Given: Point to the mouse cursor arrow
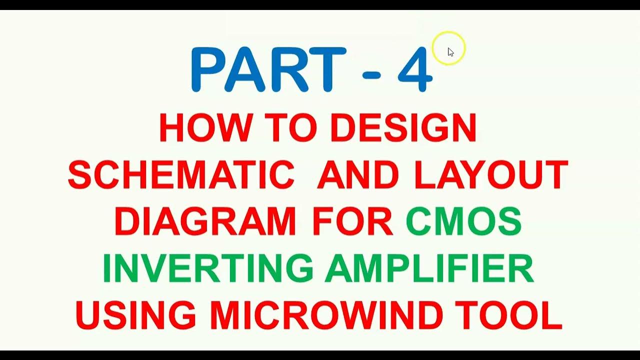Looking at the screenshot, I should pyautogui.click(x=450, y=52).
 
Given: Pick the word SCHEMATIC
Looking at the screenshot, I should pyautogui.click(x=181, y=175).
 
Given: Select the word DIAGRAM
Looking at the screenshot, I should pyautogui.click(x=204, y=222).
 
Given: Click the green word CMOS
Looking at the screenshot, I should pyautogui.click(x=463, y=222).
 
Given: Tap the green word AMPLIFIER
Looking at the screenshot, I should pyautogui.click(x=429, y=268).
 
